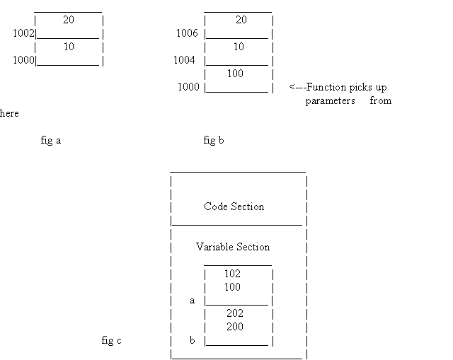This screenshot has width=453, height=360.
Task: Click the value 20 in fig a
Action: tap(69, 20)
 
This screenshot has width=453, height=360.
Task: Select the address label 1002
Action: tap(23, 33)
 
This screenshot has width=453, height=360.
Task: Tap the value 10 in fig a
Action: tap(69, 47)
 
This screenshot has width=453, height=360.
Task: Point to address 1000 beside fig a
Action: tap(23, 60)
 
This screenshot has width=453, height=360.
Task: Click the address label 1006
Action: tap(187, 33)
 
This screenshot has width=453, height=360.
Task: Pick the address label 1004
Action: tap(184, 60)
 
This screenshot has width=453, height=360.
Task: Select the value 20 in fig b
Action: tap(241, 20)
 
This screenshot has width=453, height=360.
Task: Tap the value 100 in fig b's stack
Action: tap(235, 74)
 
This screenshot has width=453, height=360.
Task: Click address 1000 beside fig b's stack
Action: tap(188, 87)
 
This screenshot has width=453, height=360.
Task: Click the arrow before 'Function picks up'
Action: tap(297, 87)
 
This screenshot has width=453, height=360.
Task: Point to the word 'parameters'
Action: tap(331, 100)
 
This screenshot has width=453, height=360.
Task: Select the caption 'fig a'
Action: tap(51, 140)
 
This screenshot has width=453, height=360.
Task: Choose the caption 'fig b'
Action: tap(214, 140)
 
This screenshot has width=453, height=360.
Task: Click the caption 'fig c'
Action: tap(112, 340)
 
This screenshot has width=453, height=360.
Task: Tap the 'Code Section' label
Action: tap(234, 207)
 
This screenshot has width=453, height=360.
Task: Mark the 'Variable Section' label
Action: tap(233, 247)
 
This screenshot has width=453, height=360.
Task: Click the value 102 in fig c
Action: tap(232, 274)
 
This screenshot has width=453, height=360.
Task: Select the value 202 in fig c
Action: tap(235, 313)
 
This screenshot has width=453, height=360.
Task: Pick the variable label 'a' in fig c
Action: tap(192, 301)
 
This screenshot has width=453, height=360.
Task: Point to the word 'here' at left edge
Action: tap(9, 113)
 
